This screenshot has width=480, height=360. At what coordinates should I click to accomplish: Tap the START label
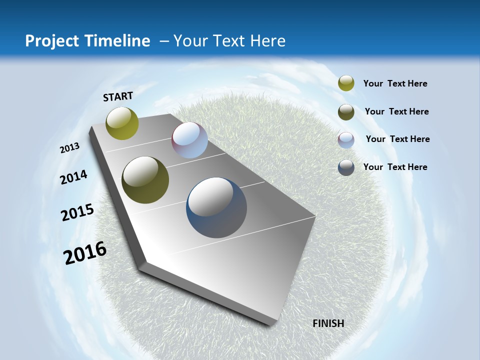pyautogui.click(x=118, y=96)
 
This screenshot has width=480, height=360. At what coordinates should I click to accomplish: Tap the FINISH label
pyautogui.click(x=328, y=323)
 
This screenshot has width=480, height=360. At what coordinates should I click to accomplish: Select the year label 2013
pyautogui.click(x=69, y=148)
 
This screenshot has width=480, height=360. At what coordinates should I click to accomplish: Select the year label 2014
pyautogui.click(x=73, y=177)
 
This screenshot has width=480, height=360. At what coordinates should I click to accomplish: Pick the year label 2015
pyautogui.click(x=77, y=212)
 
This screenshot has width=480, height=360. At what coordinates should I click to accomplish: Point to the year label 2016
pyautogui.click(x=85, y=253)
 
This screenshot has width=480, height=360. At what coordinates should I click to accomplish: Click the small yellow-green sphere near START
pyautogui.click(x=122, y=123)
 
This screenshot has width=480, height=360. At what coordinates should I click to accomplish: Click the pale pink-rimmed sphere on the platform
pyautogui.click(x=189, y=140)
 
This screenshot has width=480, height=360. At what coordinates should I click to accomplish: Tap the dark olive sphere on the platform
pyautogui.click(x=145, y=180)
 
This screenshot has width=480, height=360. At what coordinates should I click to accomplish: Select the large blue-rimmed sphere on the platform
pyautogui.click(x=216, y=207)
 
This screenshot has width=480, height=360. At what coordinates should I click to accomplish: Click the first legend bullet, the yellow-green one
pyautogui.click(x=346, y=83)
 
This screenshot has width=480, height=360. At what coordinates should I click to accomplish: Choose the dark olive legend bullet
pyautogui.click(x=346, y=112)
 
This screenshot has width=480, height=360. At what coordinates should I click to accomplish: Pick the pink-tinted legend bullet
pyautogui.click(x=346, y=140)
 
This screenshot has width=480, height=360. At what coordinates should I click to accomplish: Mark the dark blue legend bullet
pyautogui.click(x=346, y=167)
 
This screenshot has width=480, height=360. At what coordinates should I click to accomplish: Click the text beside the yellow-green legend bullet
pyautogui.click(x=395, y=84)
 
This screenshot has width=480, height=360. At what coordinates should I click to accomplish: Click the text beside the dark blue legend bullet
pyautogui.click(x=395, y=167)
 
